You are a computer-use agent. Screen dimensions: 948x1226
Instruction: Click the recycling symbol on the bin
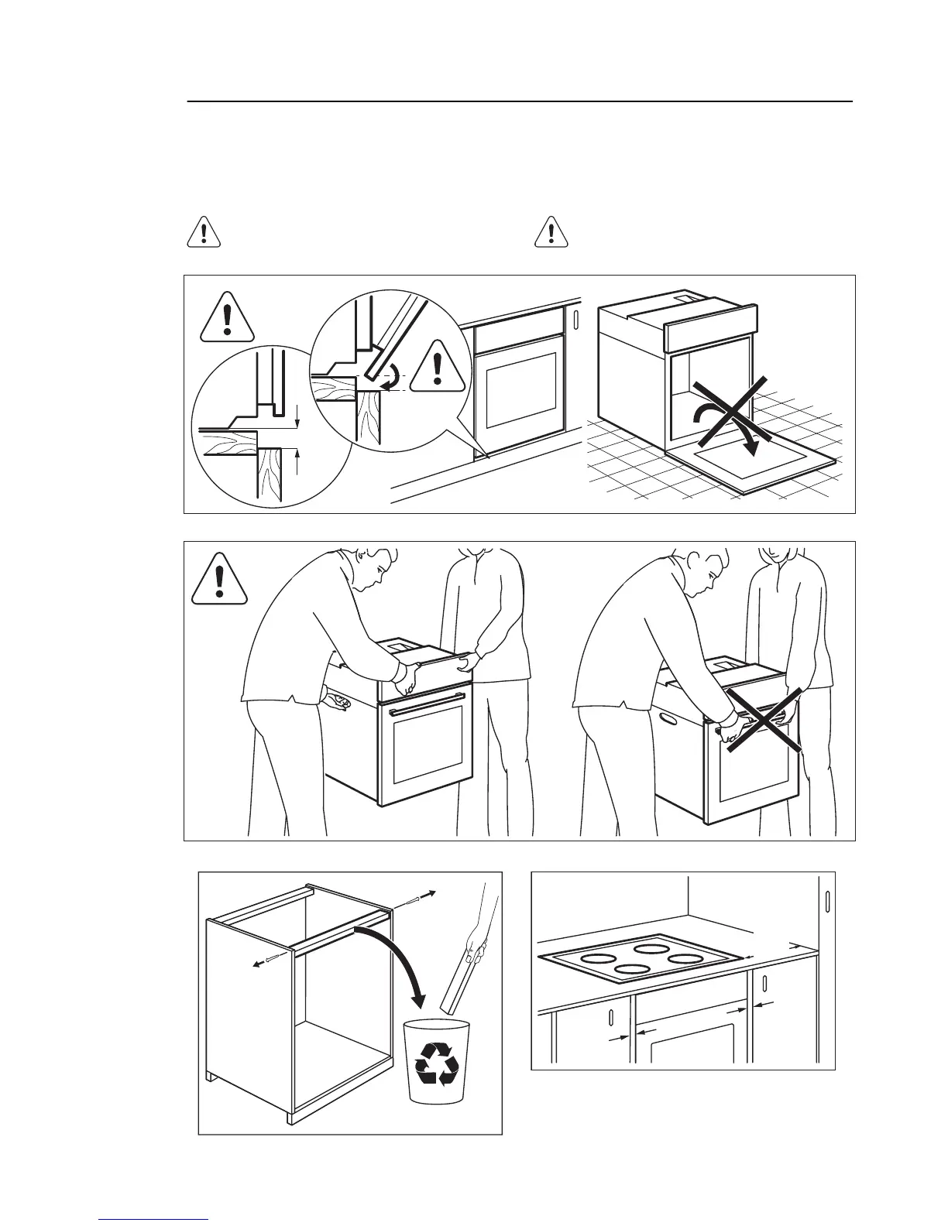coord(436,1063)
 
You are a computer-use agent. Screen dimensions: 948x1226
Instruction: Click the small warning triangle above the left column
coord(204,232)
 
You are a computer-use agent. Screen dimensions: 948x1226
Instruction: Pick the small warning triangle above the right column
coord(551,232)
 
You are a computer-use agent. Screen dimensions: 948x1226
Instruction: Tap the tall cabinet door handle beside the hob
coord(827,902)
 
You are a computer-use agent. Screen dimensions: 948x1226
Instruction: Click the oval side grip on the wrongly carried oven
coord(666,719)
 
